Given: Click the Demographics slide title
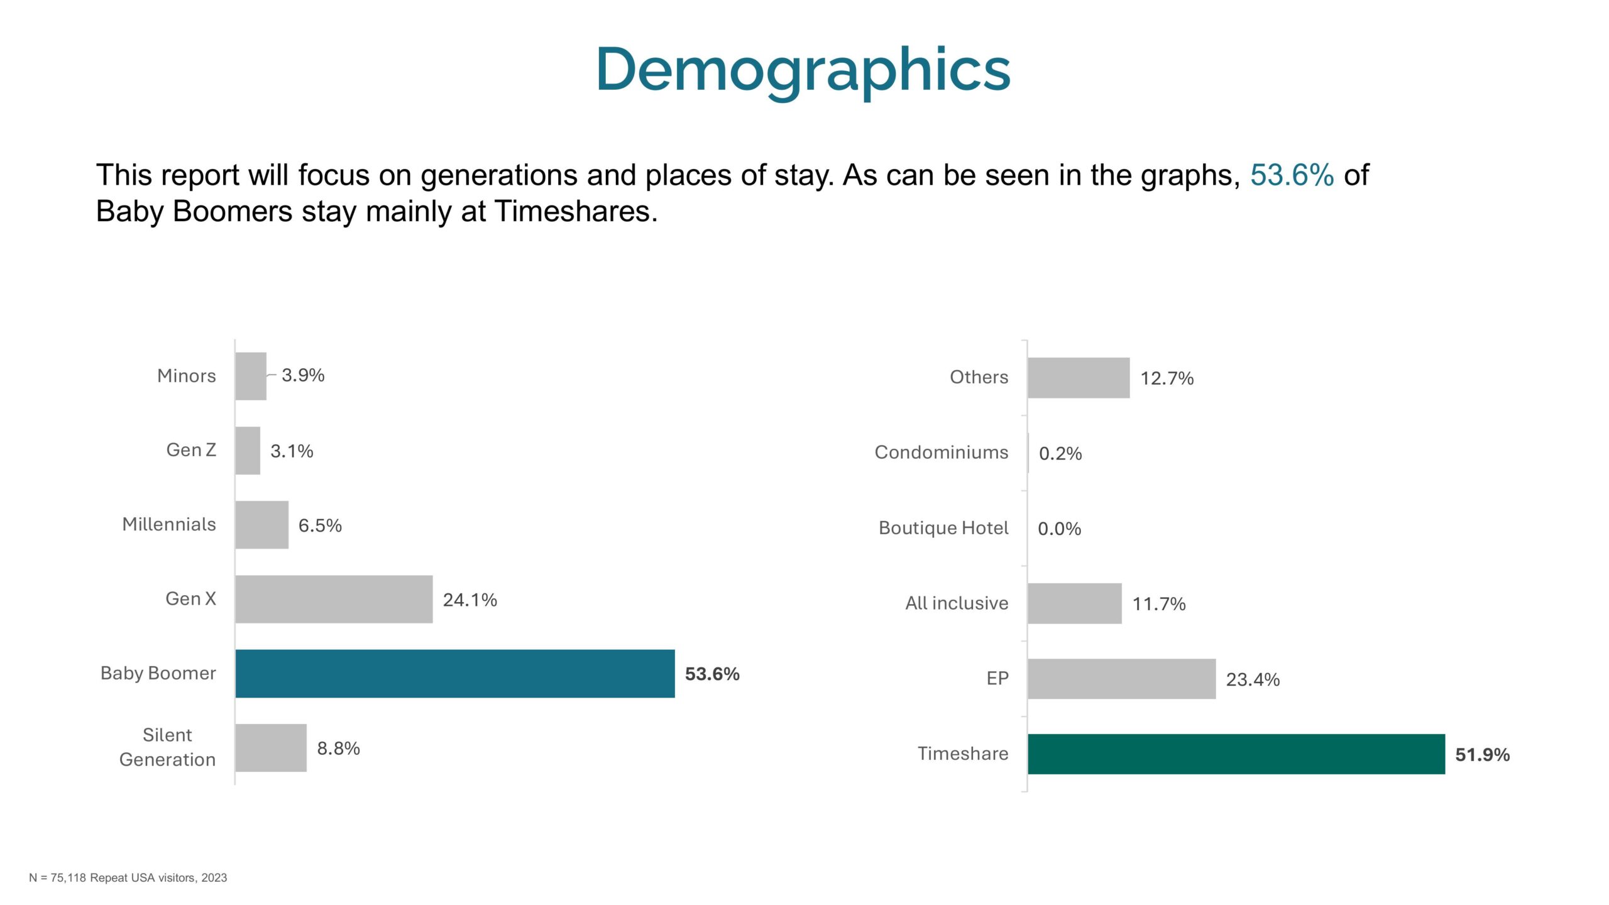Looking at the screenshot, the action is tap(803, 70).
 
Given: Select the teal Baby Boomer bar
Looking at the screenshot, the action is tap(455, 674).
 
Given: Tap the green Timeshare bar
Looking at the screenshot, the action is tap(1236, 754).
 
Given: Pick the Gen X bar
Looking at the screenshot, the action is tap(334, 599).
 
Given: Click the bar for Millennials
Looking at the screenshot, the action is tap(262, 525).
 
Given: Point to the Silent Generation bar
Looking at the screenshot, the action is tap(271, 748).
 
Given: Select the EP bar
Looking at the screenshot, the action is tap(1122, 679).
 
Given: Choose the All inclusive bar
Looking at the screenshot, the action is tap(1075, 603).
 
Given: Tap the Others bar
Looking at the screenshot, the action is tap(1079, 378).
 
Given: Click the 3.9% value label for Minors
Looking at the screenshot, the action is tap(303, 375).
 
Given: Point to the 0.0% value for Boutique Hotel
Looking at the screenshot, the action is tap(1060, 529).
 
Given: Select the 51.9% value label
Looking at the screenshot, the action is tap(1483, 754).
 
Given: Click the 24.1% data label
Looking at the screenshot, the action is tap(470, 600).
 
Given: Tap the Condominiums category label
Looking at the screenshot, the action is tap(942, 452).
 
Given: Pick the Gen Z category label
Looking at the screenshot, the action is tap(191, 450).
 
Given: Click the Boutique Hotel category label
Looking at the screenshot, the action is tap(943, 528).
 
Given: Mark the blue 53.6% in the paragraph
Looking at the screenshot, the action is tap(1292, 175).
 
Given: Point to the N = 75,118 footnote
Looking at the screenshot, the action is tap(128, 877).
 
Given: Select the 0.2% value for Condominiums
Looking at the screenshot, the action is tap(1061, 453).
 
